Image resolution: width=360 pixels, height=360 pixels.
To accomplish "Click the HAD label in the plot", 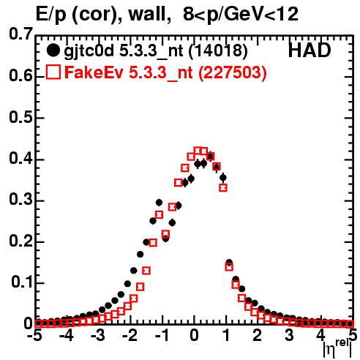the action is (x=310, y=50).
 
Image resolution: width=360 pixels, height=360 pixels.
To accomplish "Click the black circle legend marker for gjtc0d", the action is (x=53, y=50).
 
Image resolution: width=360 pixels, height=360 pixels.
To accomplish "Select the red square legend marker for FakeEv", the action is (x=53, y=72).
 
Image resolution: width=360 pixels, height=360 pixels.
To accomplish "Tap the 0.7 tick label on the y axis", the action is (x=21, y=34).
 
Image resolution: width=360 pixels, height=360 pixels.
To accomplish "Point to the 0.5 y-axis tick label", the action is (x=21, y=118).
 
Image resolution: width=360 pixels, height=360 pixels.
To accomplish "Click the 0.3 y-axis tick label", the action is (x=21, y=200).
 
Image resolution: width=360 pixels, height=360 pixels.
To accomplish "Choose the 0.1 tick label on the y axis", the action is (x=23, y=282).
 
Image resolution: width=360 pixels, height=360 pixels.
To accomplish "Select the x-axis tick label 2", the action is (x=258, y=336).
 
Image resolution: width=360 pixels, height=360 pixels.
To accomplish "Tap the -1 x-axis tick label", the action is (x=162, y=336).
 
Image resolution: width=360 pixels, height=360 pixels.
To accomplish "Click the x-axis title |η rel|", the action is (x=337, y=349).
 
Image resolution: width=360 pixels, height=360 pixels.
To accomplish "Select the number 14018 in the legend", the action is (x=218, y=50).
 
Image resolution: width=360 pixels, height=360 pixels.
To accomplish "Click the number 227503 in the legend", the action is (x=232, y=72).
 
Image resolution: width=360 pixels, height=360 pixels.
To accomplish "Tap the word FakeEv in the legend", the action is (x=94, y=72).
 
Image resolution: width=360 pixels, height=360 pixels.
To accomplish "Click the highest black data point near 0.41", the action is (x=210, y=156).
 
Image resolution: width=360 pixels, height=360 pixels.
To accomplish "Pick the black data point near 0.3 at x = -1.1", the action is (x=159, y=203).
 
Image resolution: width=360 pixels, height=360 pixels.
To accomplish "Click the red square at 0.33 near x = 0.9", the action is (x=223, y=187).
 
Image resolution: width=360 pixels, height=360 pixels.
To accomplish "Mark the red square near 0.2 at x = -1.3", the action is (x=153, y=243).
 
